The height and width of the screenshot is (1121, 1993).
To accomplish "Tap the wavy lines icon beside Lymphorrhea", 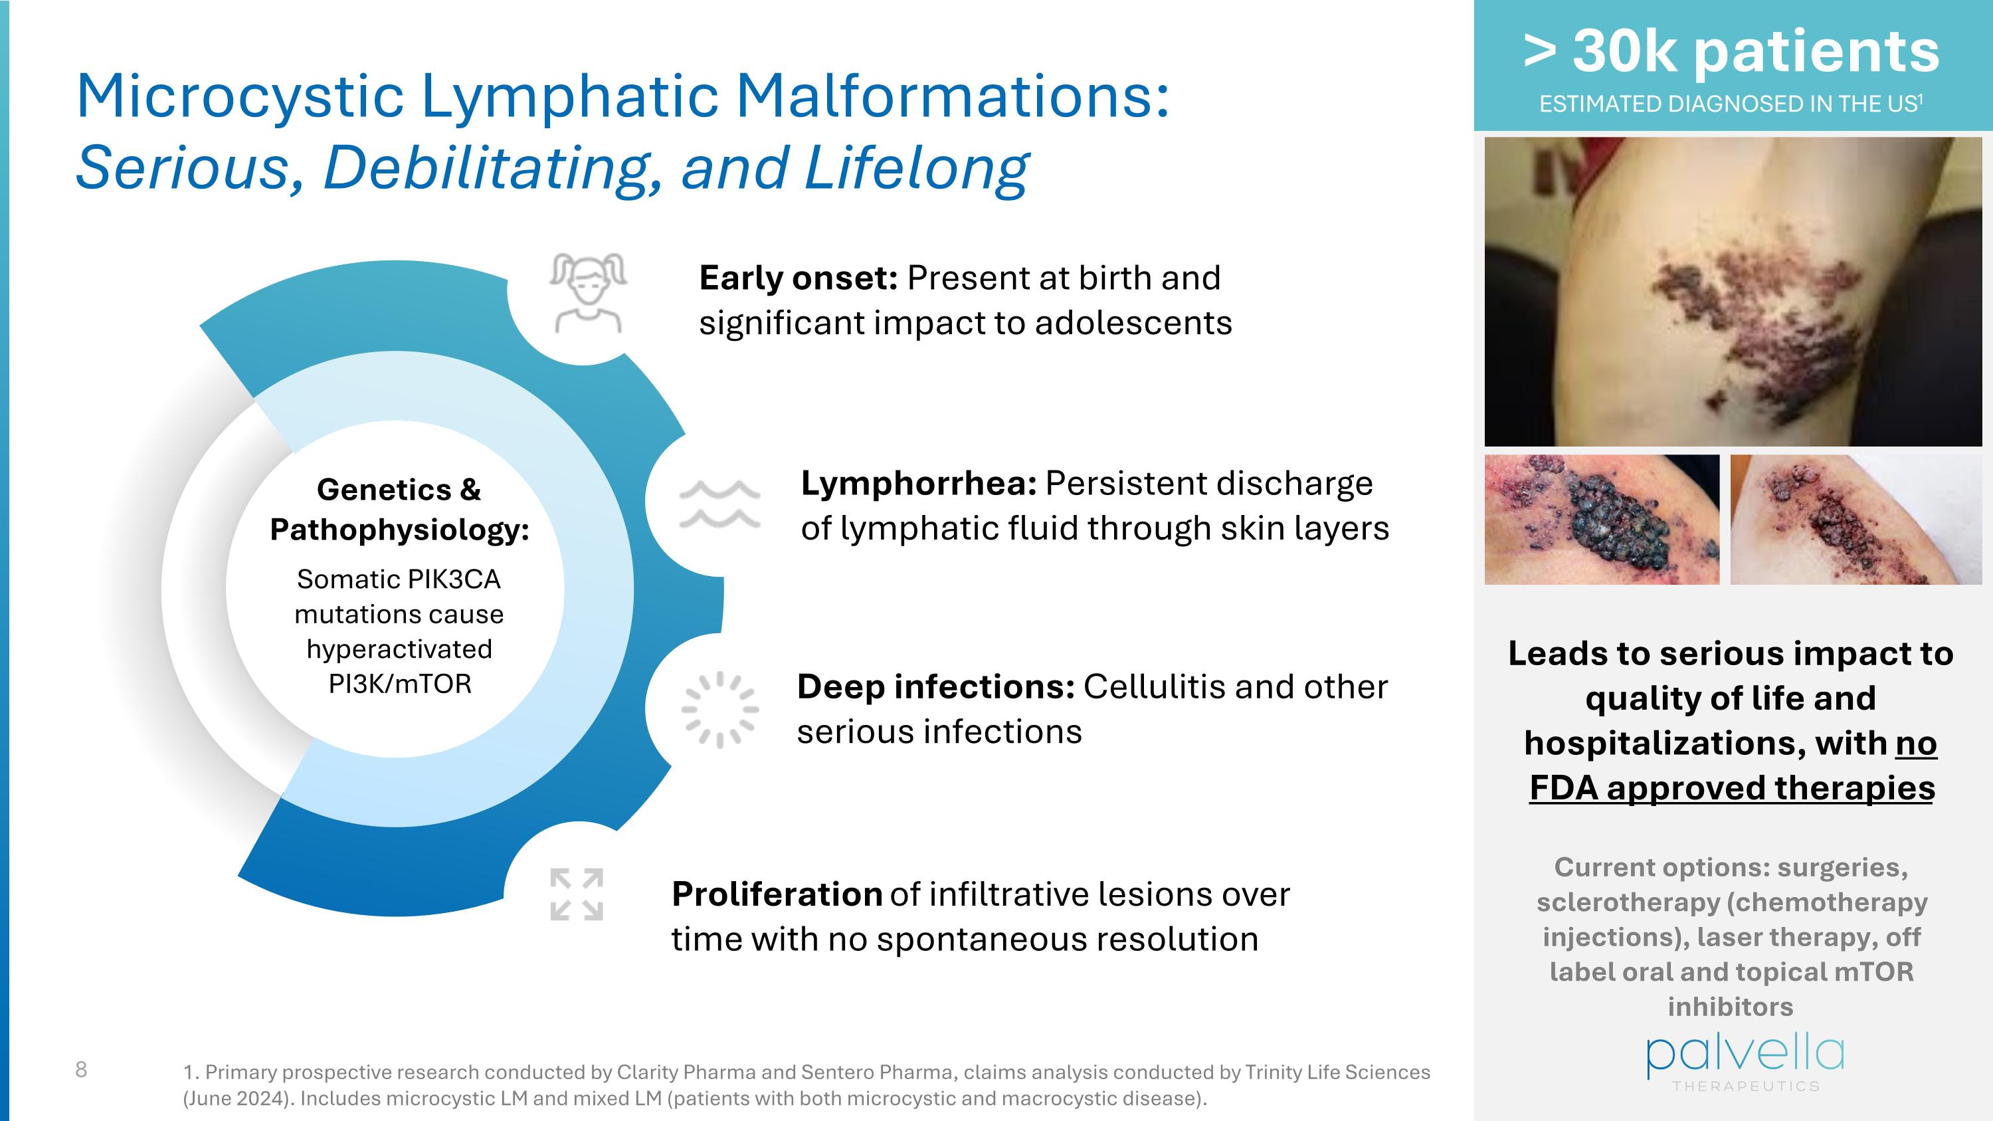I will click(719, 504).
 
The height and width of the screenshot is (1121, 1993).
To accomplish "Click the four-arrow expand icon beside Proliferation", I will click(577, 894).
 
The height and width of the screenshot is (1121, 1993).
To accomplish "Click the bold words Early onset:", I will click(798, 278).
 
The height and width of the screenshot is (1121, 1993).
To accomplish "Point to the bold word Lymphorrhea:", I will click(918, 484).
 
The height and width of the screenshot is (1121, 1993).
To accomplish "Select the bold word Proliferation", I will click(776, 894).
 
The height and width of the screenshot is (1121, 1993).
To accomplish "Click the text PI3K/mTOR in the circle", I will click(399, 684).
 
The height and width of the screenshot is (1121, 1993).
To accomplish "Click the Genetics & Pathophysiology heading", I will click(399, 509).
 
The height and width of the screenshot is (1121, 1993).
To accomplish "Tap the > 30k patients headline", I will click(1731, 51).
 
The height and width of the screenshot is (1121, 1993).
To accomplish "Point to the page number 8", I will click(81, 1070).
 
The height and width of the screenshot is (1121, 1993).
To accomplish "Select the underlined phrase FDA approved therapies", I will click(1731, 788).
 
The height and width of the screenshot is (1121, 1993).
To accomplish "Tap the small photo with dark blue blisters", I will click(1602, 519).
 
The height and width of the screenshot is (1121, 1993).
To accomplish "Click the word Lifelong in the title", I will click(916, 168).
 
